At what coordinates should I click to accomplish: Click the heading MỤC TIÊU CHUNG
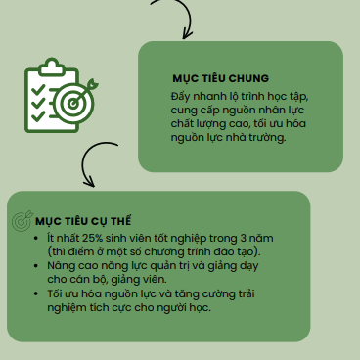[x=221, y=78]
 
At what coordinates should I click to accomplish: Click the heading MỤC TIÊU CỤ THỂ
[x=83, y=221]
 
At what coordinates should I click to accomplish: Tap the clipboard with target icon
[x=61, y=95]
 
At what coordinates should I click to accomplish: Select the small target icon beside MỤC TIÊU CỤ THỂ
[x=22, y=220]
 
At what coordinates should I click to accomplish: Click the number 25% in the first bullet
[x=93, y=238]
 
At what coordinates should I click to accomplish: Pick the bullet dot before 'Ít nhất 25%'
[x=36, y=239]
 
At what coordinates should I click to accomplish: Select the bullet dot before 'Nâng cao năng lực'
[x=36, y=266]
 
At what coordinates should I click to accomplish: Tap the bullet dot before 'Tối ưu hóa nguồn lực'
[x=36, y=293]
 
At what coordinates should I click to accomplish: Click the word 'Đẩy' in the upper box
[x=180, y=97]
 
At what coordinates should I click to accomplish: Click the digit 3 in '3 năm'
[x=244, y=238]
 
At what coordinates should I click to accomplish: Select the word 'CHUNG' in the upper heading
[x=248, y=78]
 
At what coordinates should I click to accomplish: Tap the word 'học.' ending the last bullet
[x=201, y=307]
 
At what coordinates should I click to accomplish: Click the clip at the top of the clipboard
[x=51, y=67]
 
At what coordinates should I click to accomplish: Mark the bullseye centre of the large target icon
[x=73, y=104]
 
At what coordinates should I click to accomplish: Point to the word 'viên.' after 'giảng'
[x=155, y=280]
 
